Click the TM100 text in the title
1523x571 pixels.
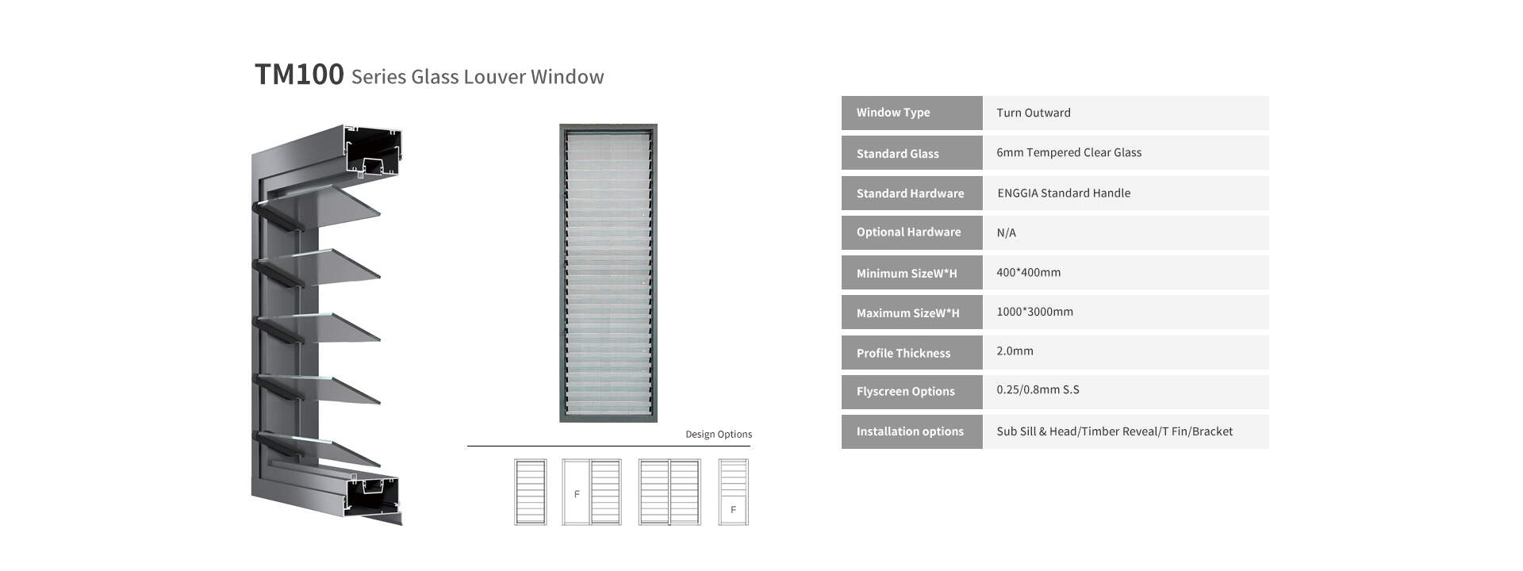click(299, 75)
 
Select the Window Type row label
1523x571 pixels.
click(893, 113)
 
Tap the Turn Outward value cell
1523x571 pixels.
click(1034, 113)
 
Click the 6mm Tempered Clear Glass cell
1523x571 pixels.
click(1068, 152)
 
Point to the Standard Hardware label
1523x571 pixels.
click(910, 194)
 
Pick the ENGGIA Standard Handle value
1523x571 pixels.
click(1064, 194)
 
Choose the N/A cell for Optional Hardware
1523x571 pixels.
click(1006, 233)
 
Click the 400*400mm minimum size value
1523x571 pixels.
click(1028, 273)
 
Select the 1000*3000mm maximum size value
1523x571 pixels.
click(1034, 312)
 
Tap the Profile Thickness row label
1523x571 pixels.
click(903, 354)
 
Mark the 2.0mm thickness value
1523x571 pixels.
click(1015, 351)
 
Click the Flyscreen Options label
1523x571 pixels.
click(905, 392)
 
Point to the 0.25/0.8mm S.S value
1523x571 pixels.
click(1038, 390)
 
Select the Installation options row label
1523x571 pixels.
click(910, 431)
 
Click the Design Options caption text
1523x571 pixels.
click(719, 435)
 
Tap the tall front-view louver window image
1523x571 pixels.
click(608, 273)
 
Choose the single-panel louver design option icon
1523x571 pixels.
click(530, 492)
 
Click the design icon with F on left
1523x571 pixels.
click(592, 492)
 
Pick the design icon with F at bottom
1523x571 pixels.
click(733, 492)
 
